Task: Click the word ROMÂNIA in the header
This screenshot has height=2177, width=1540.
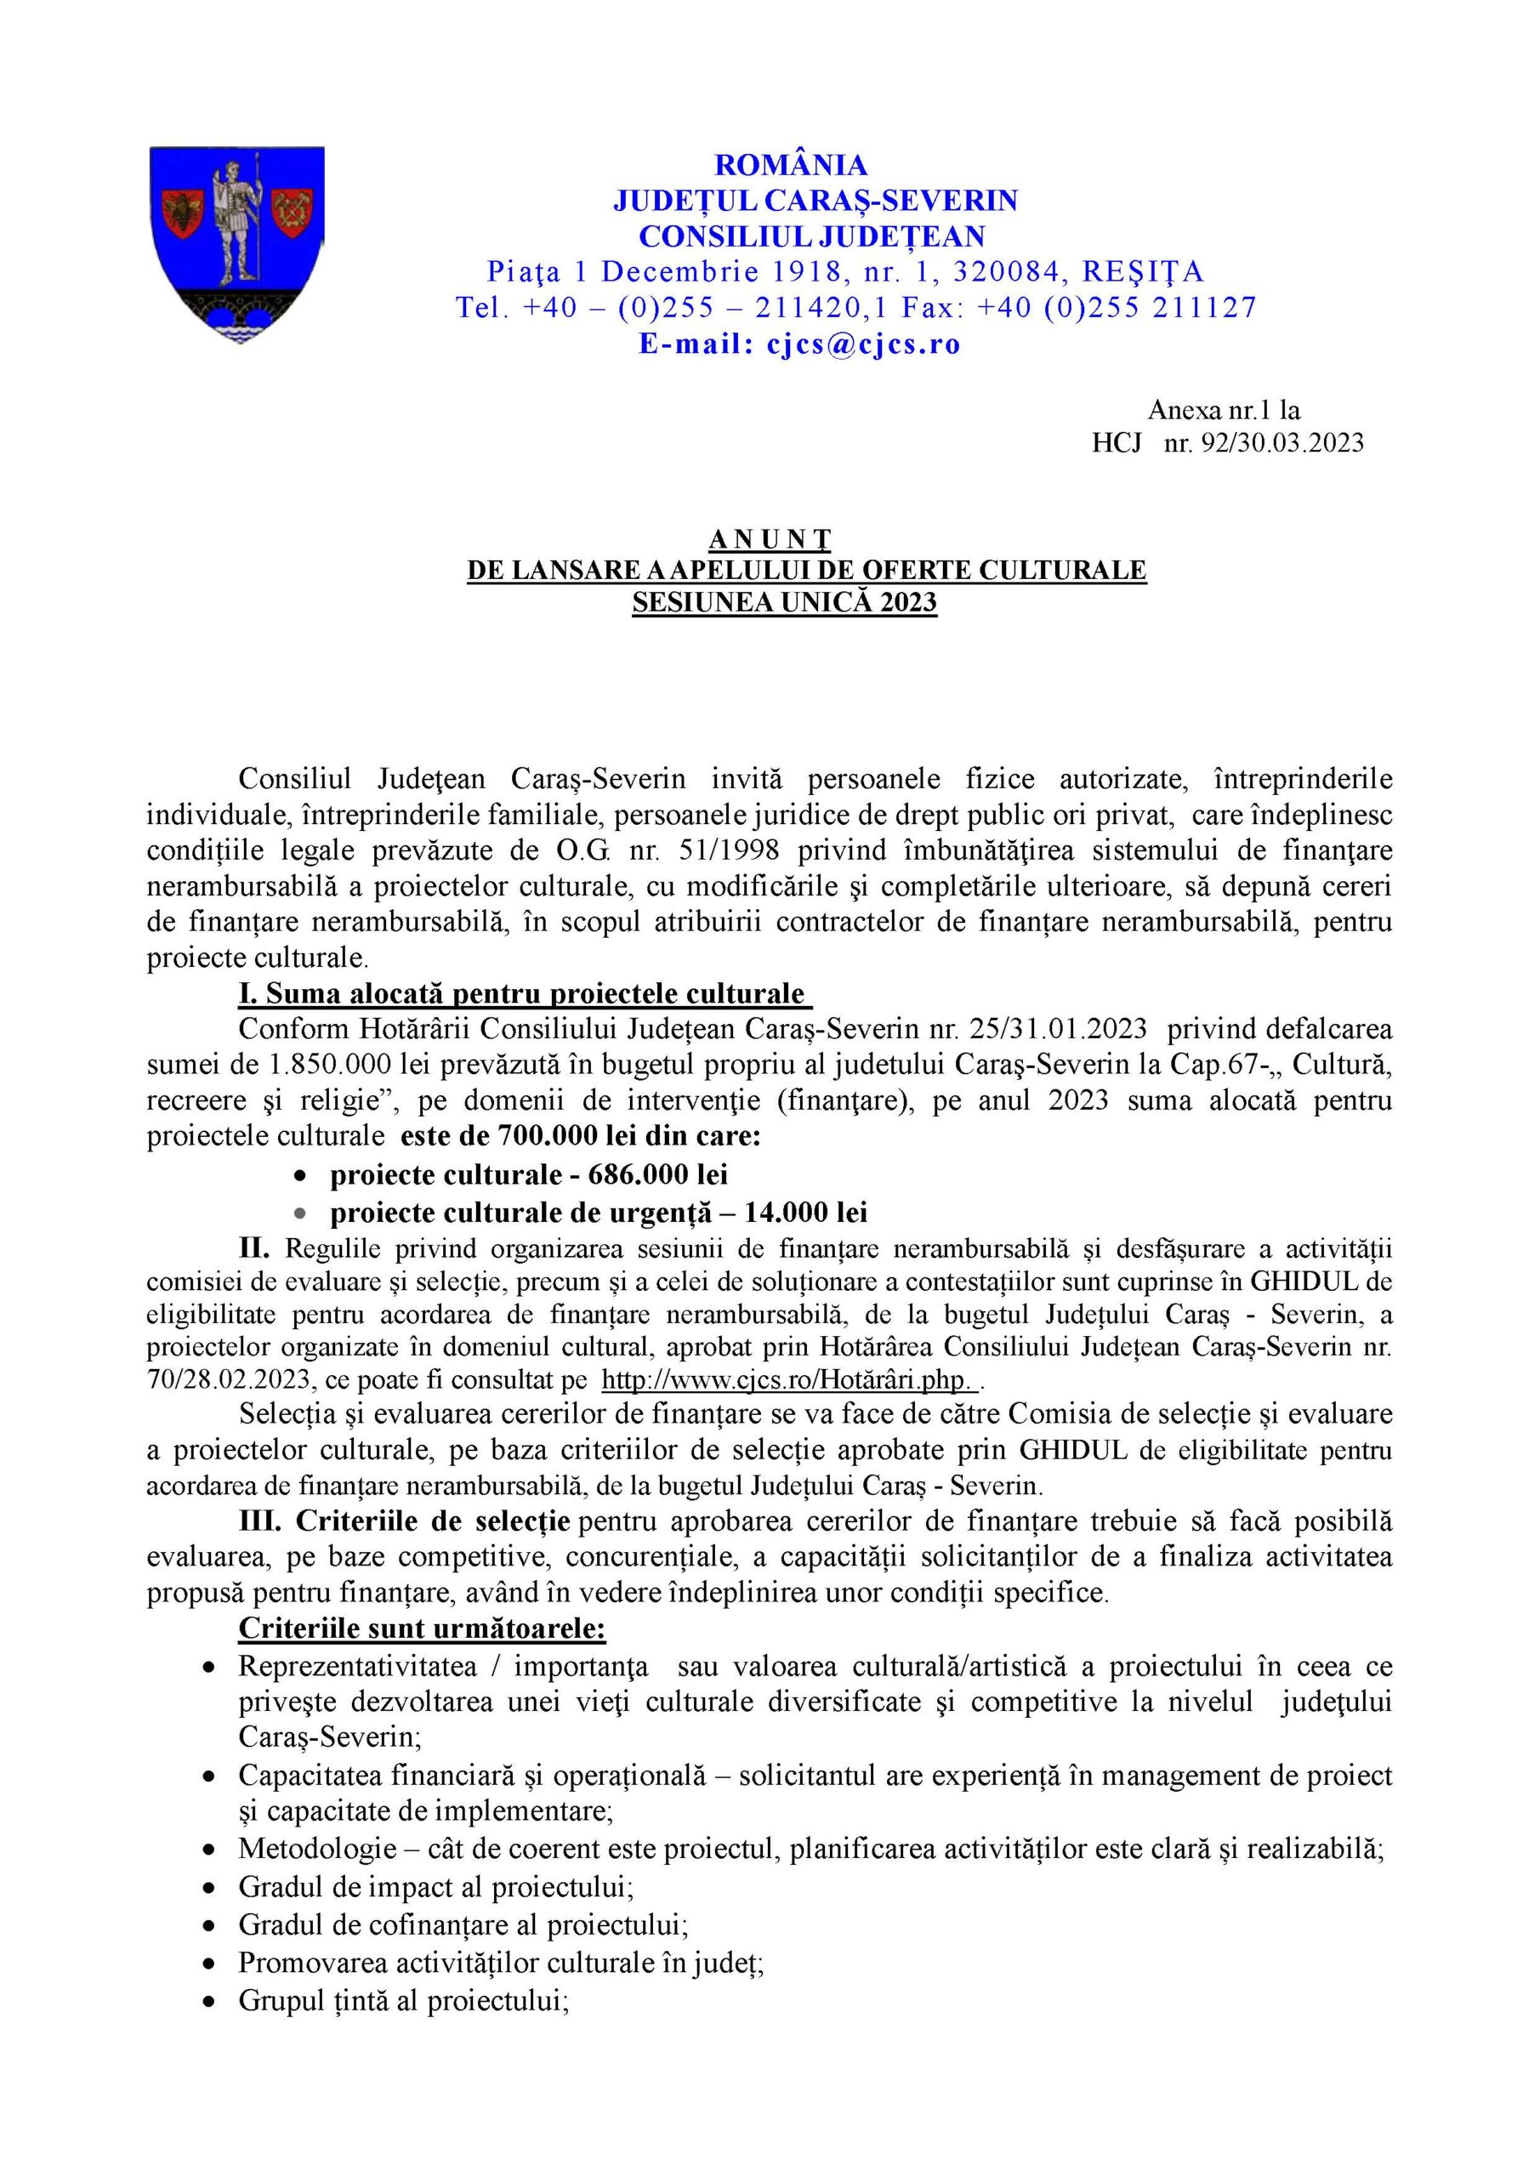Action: (x=790, y=165)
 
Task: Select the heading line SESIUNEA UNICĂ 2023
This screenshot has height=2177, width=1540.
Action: (x=784, y=603)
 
